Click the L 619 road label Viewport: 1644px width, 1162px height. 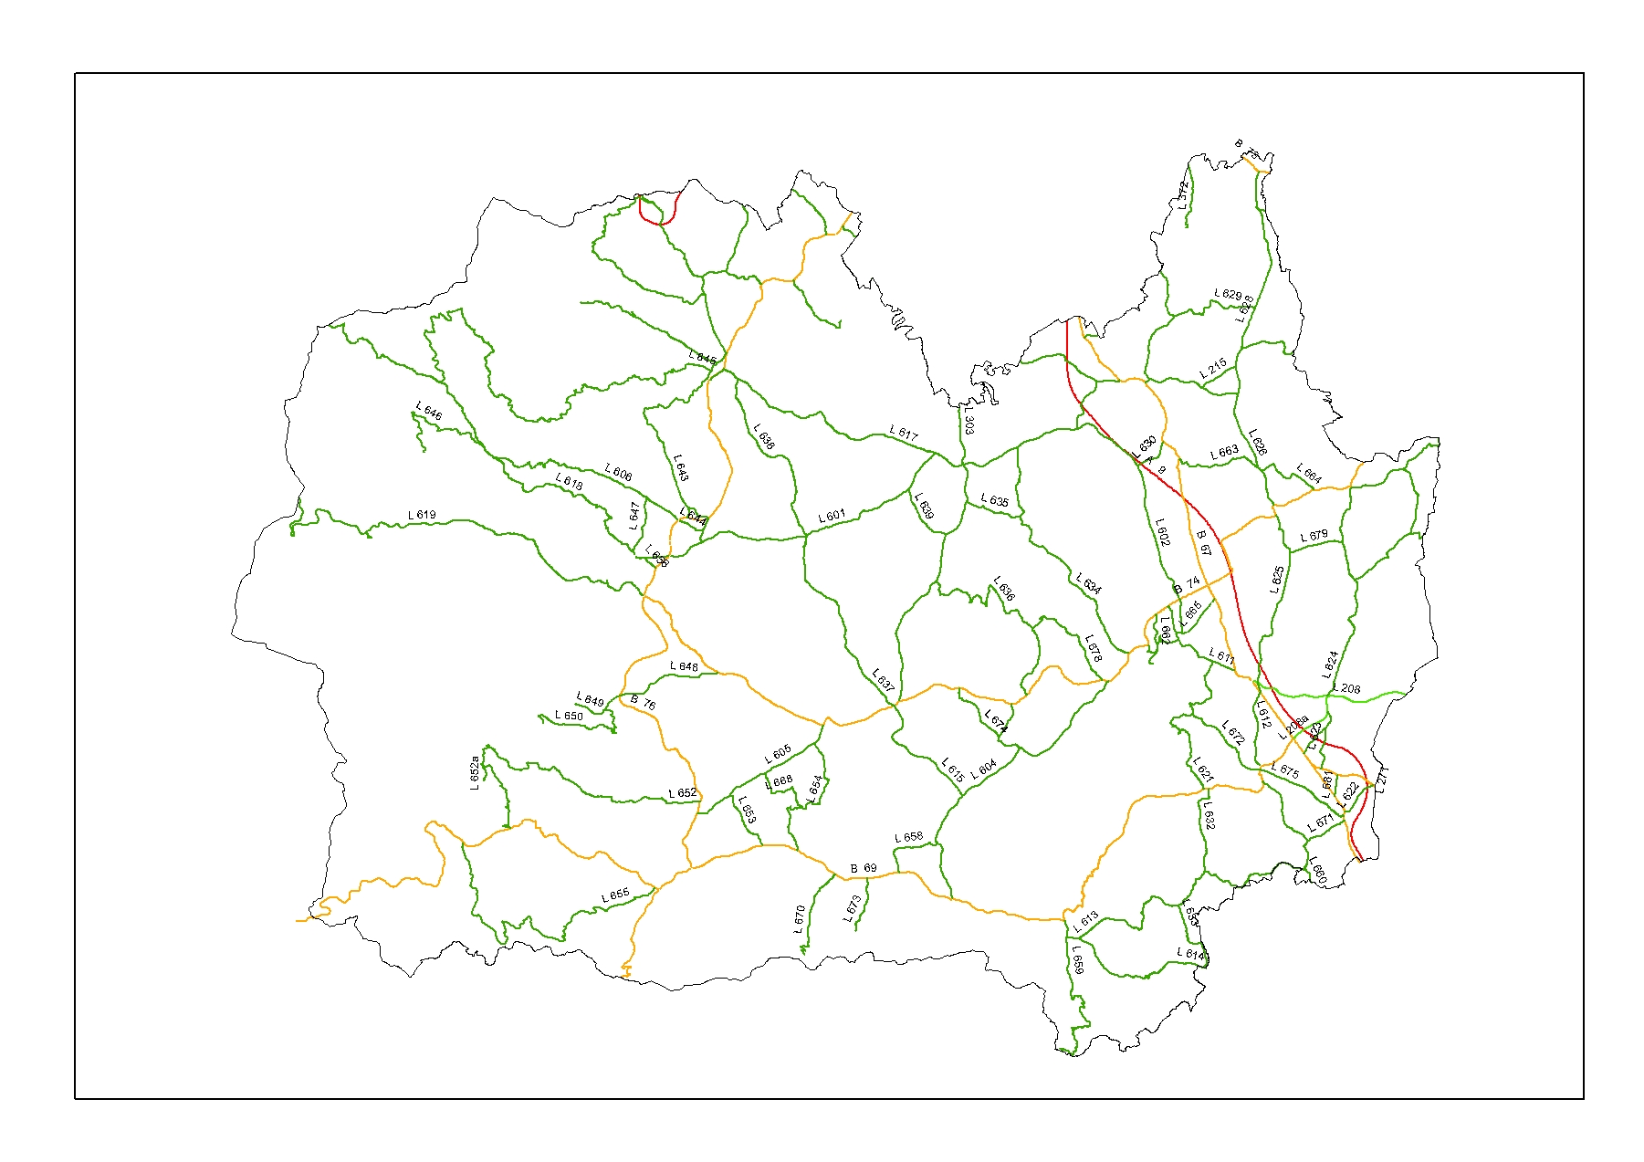tap(422, 515)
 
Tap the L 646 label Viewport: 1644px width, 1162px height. tap(429, 411)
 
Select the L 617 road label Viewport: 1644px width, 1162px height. tap(904, 434)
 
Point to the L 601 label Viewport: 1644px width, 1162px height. tap(832, 517)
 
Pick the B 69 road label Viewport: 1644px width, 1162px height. tap(864, 868)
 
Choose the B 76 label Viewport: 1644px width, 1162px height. tap(643, 703)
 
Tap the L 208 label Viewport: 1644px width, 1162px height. tap(1346, 688)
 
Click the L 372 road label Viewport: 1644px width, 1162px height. tap(1183, 195)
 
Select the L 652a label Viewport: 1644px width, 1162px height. tap(475, 774)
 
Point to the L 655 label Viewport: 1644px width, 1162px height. tap(615, 895)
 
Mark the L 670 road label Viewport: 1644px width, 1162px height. tap(800, 918)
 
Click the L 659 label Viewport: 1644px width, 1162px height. tap(1077, 959)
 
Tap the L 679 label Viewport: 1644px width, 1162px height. tap(1314, 536)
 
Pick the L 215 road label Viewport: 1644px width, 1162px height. tap(1213, 370)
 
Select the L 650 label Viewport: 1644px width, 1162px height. tap(569, 717)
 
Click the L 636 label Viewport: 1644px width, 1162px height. tap(1003, 589)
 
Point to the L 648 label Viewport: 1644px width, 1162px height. tap(684, 667)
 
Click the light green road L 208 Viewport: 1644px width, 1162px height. tap(1378, 696)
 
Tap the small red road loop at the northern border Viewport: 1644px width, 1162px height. tap(657, 217)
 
